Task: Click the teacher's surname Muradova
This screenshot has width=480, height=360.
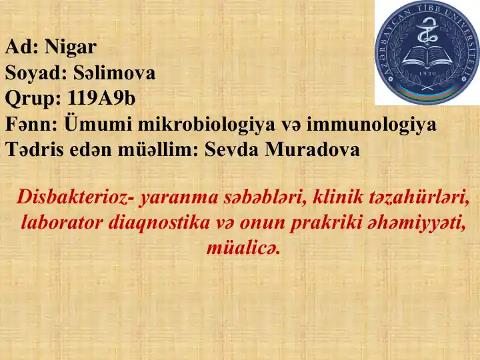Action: (313, 149)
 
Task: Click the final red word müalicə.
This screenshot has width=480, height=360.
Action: (241, 247)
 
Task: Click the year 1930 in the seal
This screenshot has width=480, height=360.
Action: (427, 75)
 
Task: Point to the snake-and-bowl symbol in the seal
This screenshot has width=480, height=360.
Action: (427, 30)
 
